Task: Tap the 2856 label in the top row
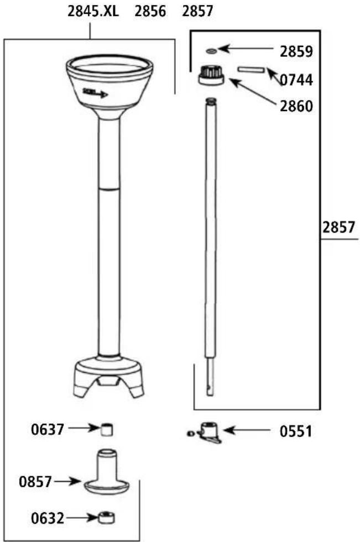tap(150, 11)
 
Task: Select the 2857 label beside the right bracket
tap(339, 227)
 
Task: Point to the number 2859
tap(296, 52)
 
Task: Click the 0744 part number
tap(296, 80)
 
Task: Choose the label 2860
tap(296, 106)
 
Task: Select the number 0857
tap(35, 482)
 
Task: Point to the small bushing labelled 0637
tap(107, 429)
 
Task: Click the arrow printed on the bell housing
tap(95, 93)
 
